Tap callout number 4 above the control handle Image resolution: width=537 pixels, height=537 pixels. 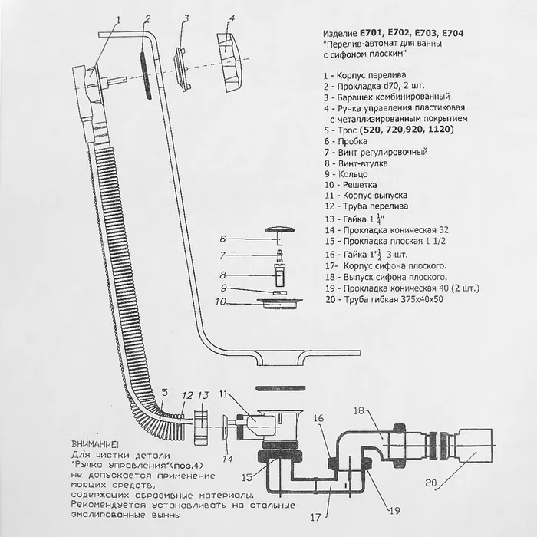point(231,17)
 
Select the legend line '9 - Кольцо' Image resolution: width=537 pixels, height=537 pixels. point(346,174)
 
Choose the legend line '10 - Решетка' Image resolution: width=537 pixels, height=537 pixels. point(351,185)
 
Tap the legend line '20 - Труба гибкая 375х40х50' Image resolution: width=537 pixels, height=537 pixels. point(384,298)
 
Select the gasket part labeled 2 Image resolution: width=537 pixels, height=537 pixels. point(144,74)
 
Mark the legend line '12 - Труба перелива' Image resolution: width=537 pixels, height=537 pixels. point(365,206)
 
